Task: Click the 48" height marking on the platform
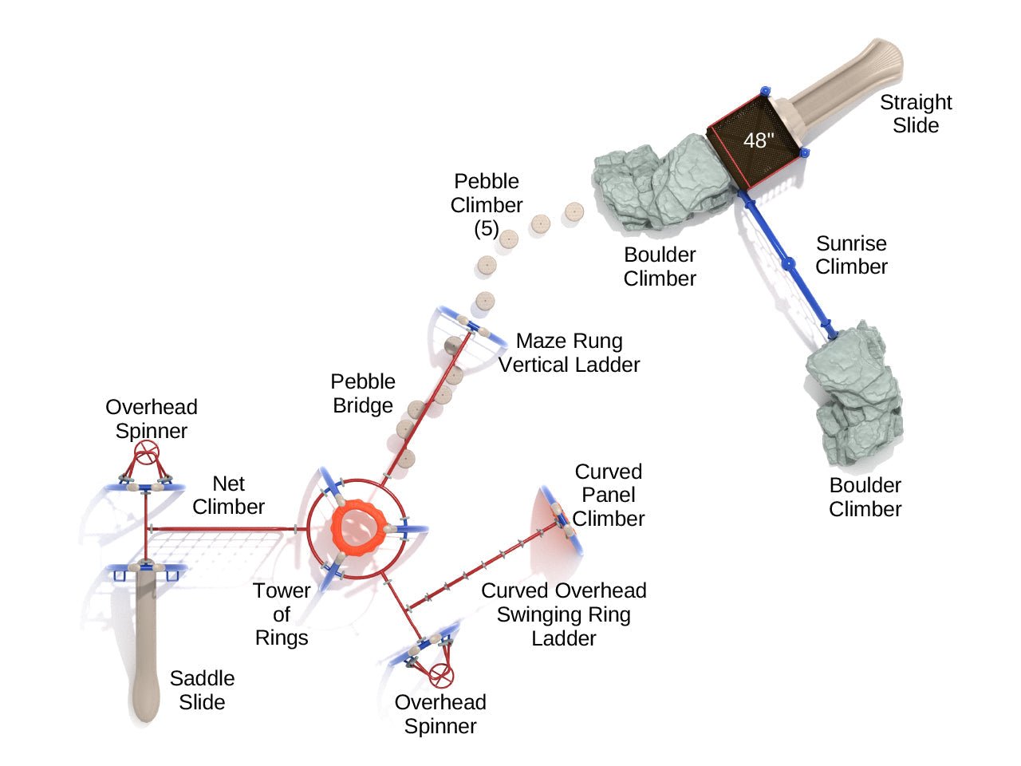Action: tap(759, 140)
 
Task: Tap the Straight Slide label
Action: tap(916, 114)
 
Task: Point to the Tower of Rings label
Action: tap(282, 614)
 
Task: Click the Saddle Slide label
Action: tap(202, 690)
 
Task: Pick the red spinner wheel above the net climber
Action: tap(145, 456)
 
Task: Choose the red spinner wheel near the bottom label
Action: tap(441, 675)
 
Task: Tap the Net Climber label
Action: tap(229, 496)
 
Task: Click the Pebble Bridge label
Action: tap(363, 393)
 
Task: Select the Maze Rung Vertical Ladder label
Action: tap(569, 353)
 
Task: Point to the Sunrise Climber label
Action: tap(851, 255)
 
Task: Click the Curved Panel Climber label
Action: tap(609, 495)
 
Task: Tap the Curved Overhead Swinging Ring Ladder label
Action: tap(564, 614)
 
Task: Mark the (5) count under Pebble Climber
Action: tap(487, 229)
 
